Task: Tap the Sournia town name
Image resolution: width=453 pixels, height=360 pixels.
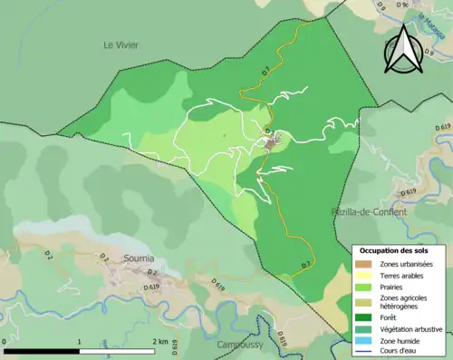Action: coord(140,258)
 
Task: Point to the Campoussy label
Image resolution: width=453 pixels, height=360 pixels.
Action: coord(239,345)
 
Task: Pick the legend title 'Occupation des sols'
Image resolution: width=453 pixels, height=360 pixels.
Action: coord(395,250)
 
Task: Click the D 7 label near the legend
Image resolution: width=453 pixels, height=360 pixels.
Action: coord(305,265)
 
